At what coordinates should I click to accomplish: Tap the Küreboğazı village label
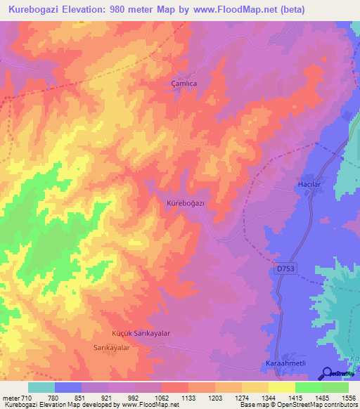pyautogui.click(x=185, y=202)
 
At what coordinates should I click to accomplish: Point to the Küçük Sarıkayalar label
pyautogui.click(x=142, y=334)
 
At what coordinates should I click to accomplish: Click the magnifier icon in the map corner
pyautogui.click(x=328, y=373)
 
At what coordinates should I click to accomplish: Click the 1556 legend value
pyautogui.click(x=347, y=397)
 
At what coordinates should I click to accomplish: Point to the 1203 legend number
pyautogui.click(x=215, y=397)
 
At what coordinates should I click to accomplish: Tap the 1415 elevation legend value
pyautogui.click(x=295, y=397)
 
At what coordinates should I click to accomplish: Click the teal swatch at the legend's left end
pyautogui.click(x=41, y=387)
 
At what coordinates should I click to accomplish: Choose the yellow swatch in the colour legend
pyautogui.click(x=281, y=387)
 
